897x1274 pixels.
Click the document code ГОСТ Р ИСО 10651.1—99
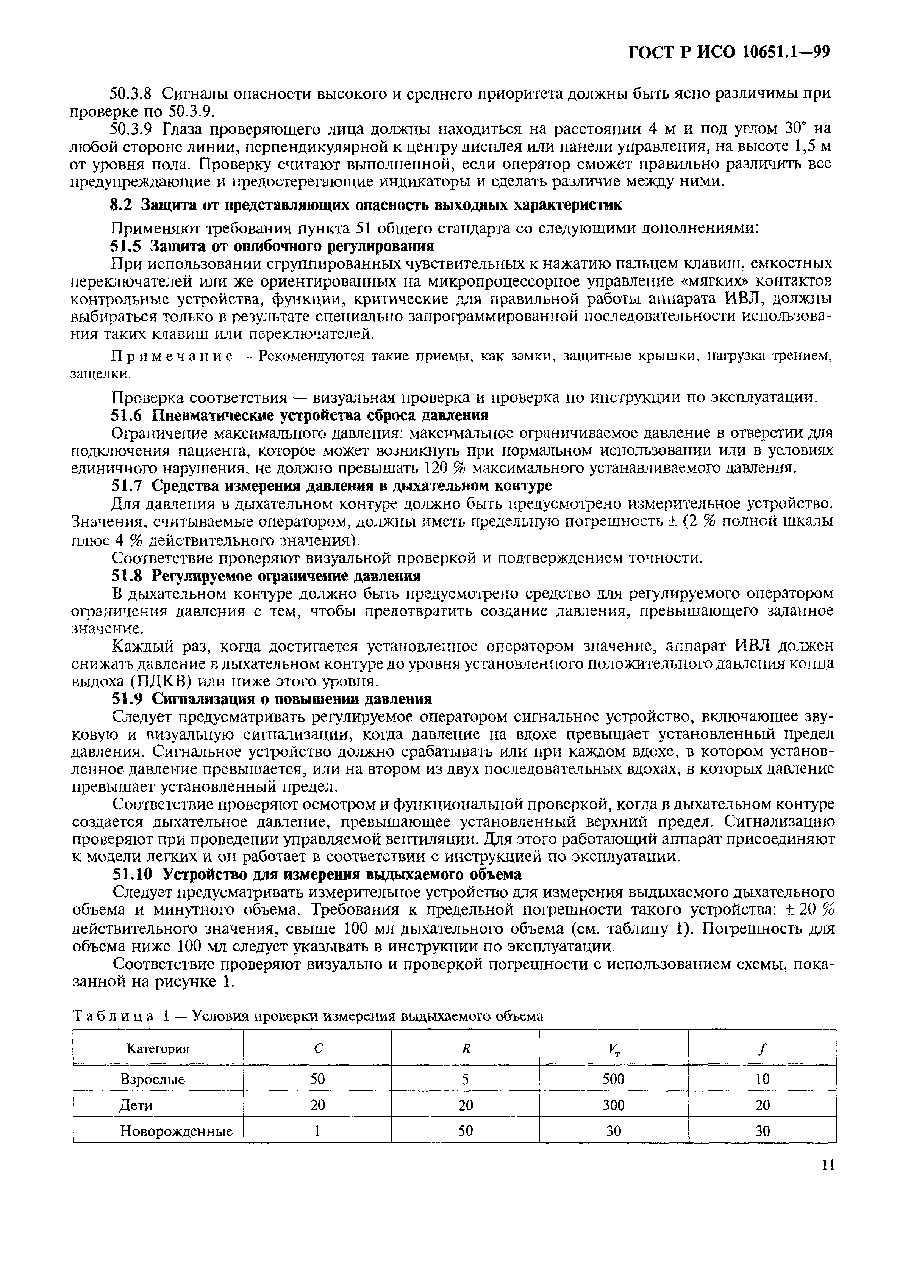tap(728, 52)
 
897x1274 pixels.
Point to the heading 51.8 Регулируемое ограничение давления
tap(266, 575)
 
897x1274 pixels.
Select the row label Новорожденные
tap(176, 1131)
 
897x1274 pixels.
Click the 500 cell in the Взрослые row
tap(613, 1079)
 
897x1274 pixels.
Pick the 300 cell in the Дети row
tap(613, 1105)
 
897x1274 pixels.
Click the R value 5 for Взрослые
tap(465, 1079)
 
